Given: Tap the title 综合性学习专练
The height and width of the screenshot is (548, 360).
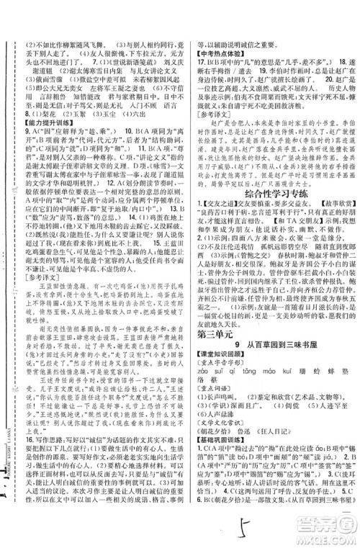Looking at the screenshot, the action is tap(272, 213).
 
